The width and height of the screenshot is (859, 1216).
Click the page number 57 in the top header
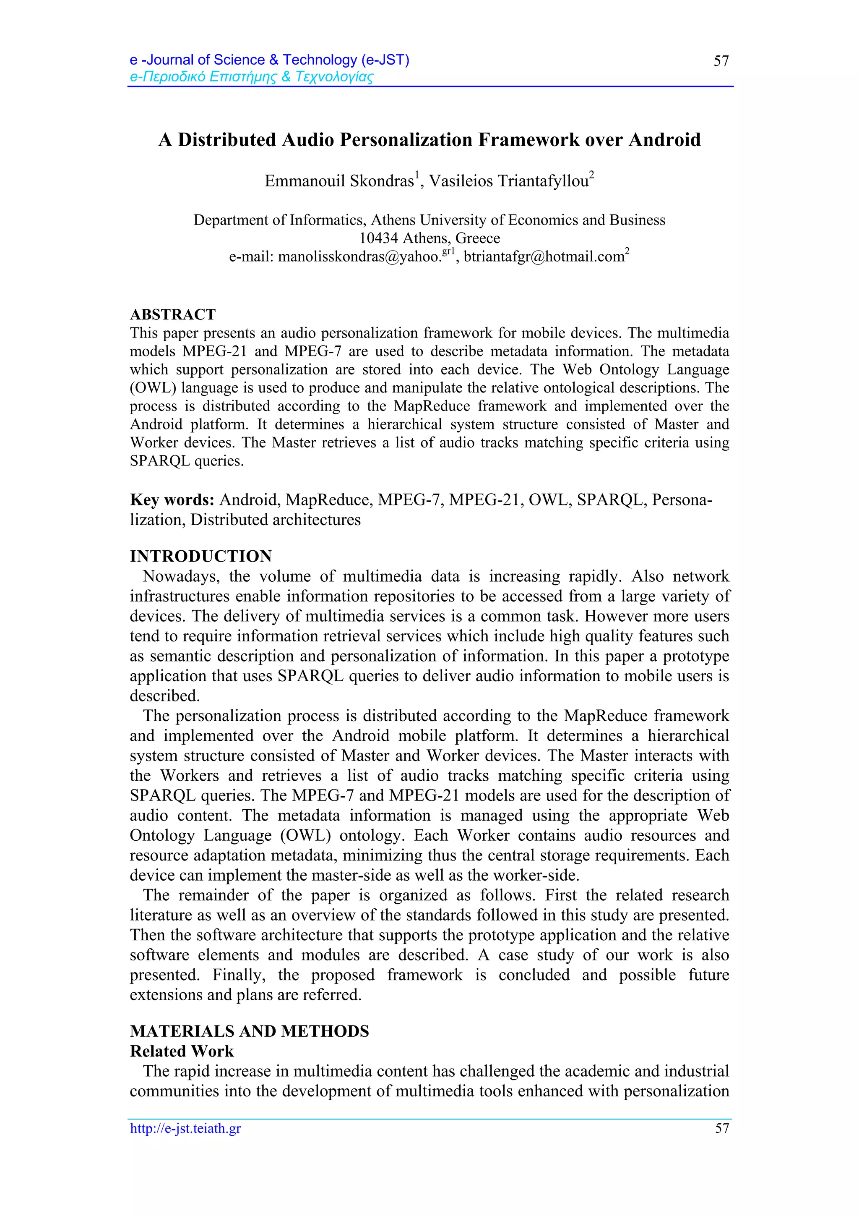(x=721, y=61)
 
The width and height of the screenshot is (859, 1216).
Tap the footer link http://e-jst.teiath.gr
(x=185, y=1128)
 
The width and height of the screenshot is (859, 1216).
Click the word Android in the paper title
(x=664, y=140)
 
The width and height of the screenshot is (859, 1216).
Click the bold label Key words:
(x=172, y=500)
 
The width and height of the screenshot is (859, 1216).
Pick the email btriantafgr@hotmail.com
(x=544, y=257)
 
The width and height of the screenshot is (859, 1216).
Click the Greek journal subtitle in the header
(x=251, y=77)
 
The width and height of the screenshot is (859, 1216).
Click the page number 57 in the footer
(x=722, y=1128)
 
